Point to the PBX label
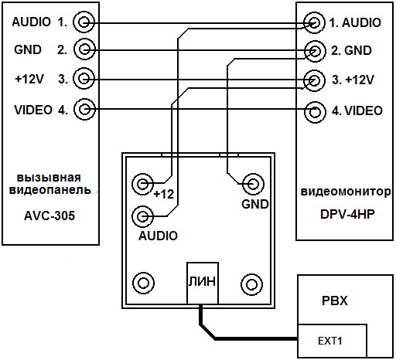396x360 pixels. (335, 301)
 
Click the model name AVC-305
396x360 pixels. (49, 216)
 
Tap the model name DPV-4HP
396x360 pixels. (347, 214)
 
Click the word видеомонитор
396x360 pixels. (346, 192)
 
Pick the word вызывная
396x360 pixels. (49, 178)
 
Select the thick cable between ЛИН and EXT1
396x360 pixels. (214, 338)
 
